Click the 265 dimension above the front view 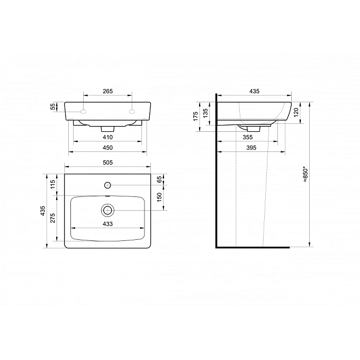pyautogui.click(x=107, y=91)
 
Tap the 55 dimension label pyautogui.click(x=53, y=106)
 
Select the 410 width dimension pyautogui.click(x=107, y=137)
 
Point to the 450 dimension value pyautogui.click(x=107, y=148)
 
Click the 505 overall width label pyautogui.click(x=107, y=163)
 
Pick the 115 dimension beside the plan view pyautogui.click(x=52, y=184)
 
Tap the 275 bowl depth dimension pyautogui.click(x=52, y=218)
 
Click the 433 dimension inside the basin pyautogui.click(x=107, y=224)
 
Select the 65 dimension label pyautogui.click(x=159, y=179)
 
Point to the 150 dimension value pyautogui.click(x=159, y=197)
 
